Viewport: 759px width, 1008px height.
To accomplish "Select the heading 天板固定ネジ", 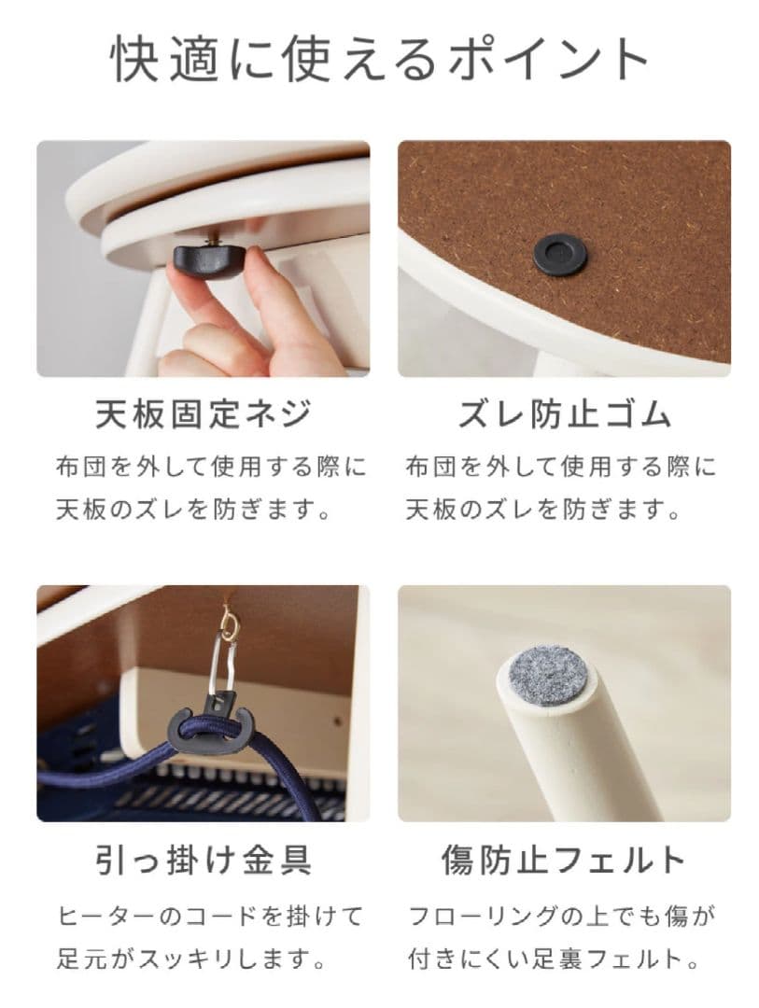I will coord(203,414).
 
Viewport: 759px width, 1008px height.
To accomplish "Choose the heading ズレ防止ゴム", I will coord(564,414).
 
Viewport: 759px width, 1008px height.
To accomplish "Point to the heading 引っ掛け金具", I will coord(203,860).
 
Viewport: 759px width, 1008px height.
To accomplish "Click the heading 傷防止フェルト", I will coord(564,860).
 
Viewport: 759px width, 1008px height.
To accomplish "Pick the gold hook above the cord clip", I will coord(227,620).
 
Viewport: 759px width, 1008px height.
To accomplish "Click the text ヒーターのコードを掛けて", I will coord(210,916).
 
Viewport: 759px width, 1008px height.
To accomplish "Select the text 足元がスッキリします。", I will coord(192,959).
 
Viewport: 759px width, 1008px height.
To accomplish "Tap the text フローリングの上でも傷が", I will coord(562,916).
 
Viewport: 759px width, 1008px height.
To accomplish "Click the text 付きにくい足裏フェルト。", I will coord(553,959).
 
